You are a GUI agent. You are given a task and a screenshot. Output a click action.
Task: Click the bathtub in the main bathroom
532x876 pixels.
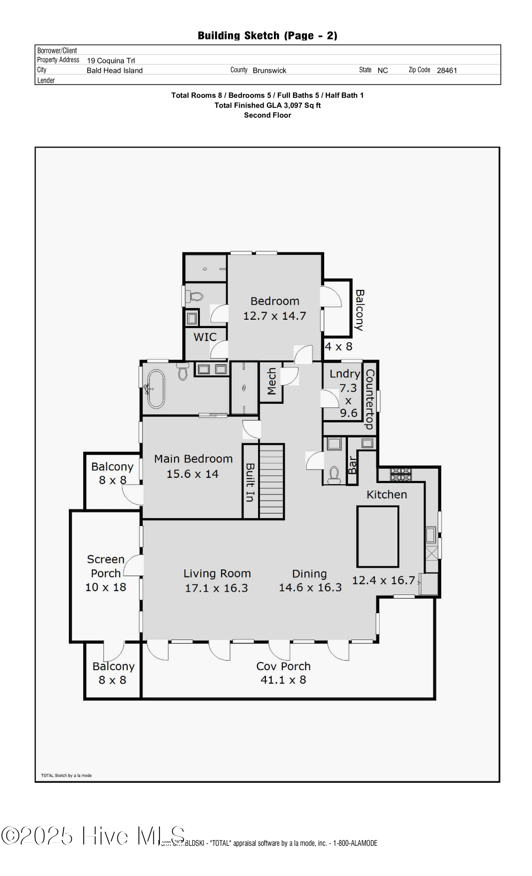[156, 389]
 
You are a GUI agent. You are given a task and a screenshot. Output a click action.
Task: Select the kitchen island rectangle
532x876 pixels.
[377, 537]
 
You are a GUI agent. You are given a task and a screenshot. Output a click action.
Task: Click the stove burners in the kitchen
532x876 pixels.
[401, 474]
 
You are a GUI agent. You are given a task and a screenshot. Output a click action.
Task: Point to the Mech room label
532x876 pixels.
[272, 381]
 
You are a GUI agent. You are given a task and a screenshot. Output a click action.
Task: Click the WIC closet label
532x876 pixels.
[205, 337]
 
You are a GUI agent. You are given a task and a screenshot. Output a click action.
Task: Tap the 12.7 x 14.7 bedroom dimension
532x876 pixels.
[274, 316]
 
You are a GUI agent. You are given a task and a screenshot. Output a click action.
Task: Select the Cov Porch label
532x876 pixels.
[283, 666]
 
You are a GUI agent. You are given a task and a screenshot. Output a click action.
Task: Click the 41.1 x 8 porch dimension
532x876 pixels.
[283, 680]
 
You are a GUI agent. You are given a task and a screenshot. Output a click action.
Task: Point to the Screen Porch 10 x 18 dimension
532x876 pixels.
[106, 587]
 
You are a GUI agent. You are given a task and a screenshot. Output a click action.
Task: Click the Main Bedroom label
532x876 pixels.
[193, 459]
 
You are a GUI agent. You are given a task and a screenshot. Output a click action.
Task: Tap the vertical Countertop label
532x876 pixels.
[369, 399]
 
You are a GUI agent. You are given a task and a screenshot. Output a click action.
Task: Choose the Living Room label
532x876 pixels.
[217, 573]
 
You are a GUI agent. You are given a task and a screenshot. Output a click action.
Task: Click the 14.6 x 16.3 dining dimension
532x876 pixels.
[310, 587]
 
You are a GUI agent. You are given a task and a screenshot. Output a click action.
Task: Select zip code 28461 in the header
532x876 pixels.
[447, 71]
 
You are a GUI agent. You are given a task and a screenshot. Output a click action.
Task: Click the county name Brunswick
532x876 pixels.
[270, 71]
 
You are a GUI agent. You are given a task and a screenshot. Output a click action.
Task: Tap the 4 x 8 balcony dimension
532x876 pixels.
[338, 346]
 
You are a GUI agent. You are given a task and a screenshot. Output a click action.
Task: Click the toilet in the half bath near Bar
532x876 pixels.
[334, 474]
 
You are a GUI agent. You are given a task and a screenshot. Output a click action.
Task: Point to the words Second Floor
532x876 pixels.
[267, 115]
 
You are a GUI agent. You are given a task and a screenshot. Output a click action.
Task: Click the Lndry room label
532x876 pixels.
[344, 374]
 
